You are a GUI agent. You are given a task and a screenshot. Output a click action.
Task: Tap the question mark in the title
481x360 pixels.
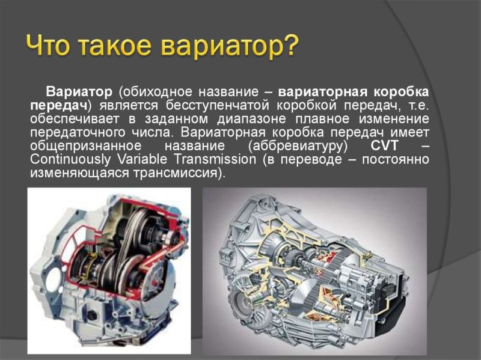[x=290, y=46]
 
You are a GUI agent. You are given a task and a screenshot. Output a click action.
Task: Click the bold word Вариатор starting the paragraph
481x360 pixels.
[x=79, y=92]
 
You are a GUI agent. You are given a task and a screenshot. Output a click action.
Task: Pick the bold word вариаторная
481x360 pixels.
[x=323, y=92]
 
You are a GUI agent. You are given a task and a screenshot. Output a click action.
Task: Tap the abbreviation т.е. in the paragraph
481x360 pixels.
[x=419, y=106]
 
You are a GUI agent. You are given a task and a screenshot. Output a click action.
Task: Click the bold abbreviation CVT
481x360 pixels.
[x=384, y=145]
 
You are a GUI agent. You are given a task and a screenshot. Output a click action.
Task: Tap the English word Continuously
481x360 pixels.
[x=70, y=159]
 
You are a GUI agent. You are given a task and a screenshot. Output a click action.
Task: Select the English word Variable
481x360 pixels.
[x=142, y=159]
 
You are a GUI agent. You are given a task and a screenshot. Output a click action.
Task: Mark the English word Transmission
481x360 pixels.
[x=215, y=159]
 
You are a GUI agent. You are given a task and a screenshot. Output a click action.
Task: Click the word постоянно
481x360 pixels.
[x=396, y=159]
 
